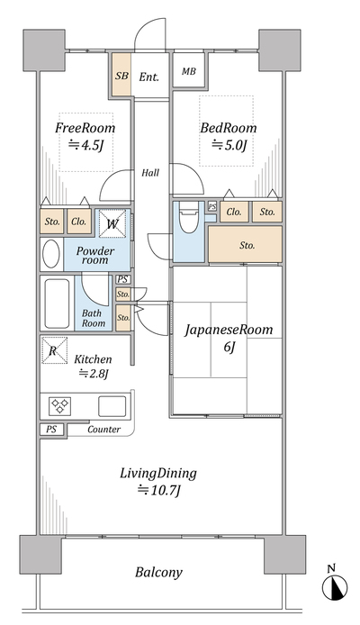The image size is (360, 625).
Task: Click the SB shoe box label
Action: click(121, 76)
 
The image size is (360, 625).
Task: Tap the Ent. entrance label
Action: click(148, 77)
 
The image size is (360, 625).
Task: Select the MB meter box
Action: click(188, 70)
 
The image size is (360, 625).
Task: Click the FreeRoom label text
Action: click(85, 128)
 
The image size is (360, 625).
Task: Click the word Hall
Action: click(150, 173)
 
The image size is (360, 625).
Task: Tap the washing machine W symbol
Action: click(112, 223)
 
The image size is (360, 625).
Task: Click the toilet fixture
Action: click(188, 217)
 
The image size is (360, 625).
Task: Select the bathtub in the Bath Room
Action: click(57, 303)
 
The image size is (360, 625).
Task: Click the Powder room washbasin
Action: click(51, 254)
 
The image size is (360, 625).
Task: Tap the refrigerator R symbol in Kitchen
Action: click(54, 350)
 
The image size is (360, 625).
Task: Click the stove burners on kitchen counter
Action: click(60, 406)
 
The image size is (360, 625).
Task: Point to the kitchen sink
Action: click(112, 406)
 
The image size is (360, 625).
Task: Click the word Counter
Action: click(103, 430)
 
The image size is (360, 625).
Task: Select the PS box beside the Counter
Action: click(51, 430)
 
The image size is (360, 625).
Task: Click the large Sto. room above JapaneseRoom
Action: click(246, 244)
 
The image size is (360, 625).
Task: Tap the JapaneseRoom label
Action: click(229, 330)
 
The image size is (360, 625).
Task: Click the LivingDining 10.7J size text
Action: click(159, 490)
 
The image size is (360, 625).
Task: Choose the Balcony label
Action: click(158, 573)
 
